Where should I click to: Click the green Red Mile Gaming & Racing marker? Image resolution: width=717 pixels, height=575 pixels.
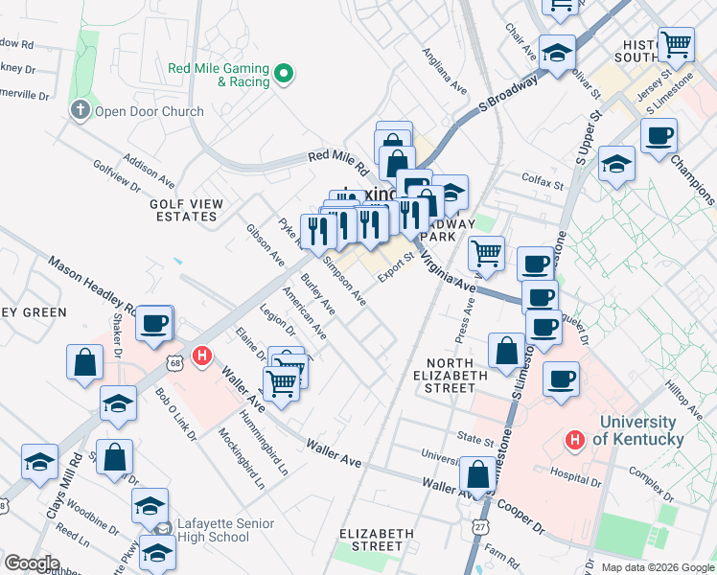(284, 74)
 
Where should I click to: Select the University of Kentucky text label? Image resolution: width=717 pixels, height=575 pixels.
(641, 430)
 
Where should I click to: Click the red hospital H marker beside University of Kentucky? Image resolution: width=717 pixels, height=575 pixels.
(574, 440)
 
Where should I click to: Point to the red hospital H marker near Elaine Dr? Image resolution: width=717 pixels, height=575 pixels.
(201, 357)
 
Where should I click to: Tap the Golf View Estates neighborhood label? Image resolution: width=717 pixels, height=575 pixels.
(186, 210)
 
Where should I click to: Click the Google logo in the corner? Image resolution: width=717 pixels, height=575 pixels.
(32, 563)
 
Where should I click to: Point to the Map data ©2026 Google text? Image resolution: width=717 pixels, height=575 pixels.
(657, 566)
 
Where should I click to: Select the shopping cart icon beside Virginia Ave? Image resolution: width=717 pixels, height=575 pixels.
(487, 255)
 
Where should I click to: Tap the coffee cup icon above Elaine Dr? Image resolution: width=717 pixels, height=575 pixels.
(153, 324)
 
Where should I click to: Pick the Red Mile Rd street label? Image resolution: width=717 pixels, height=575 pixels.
(338, 160)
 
